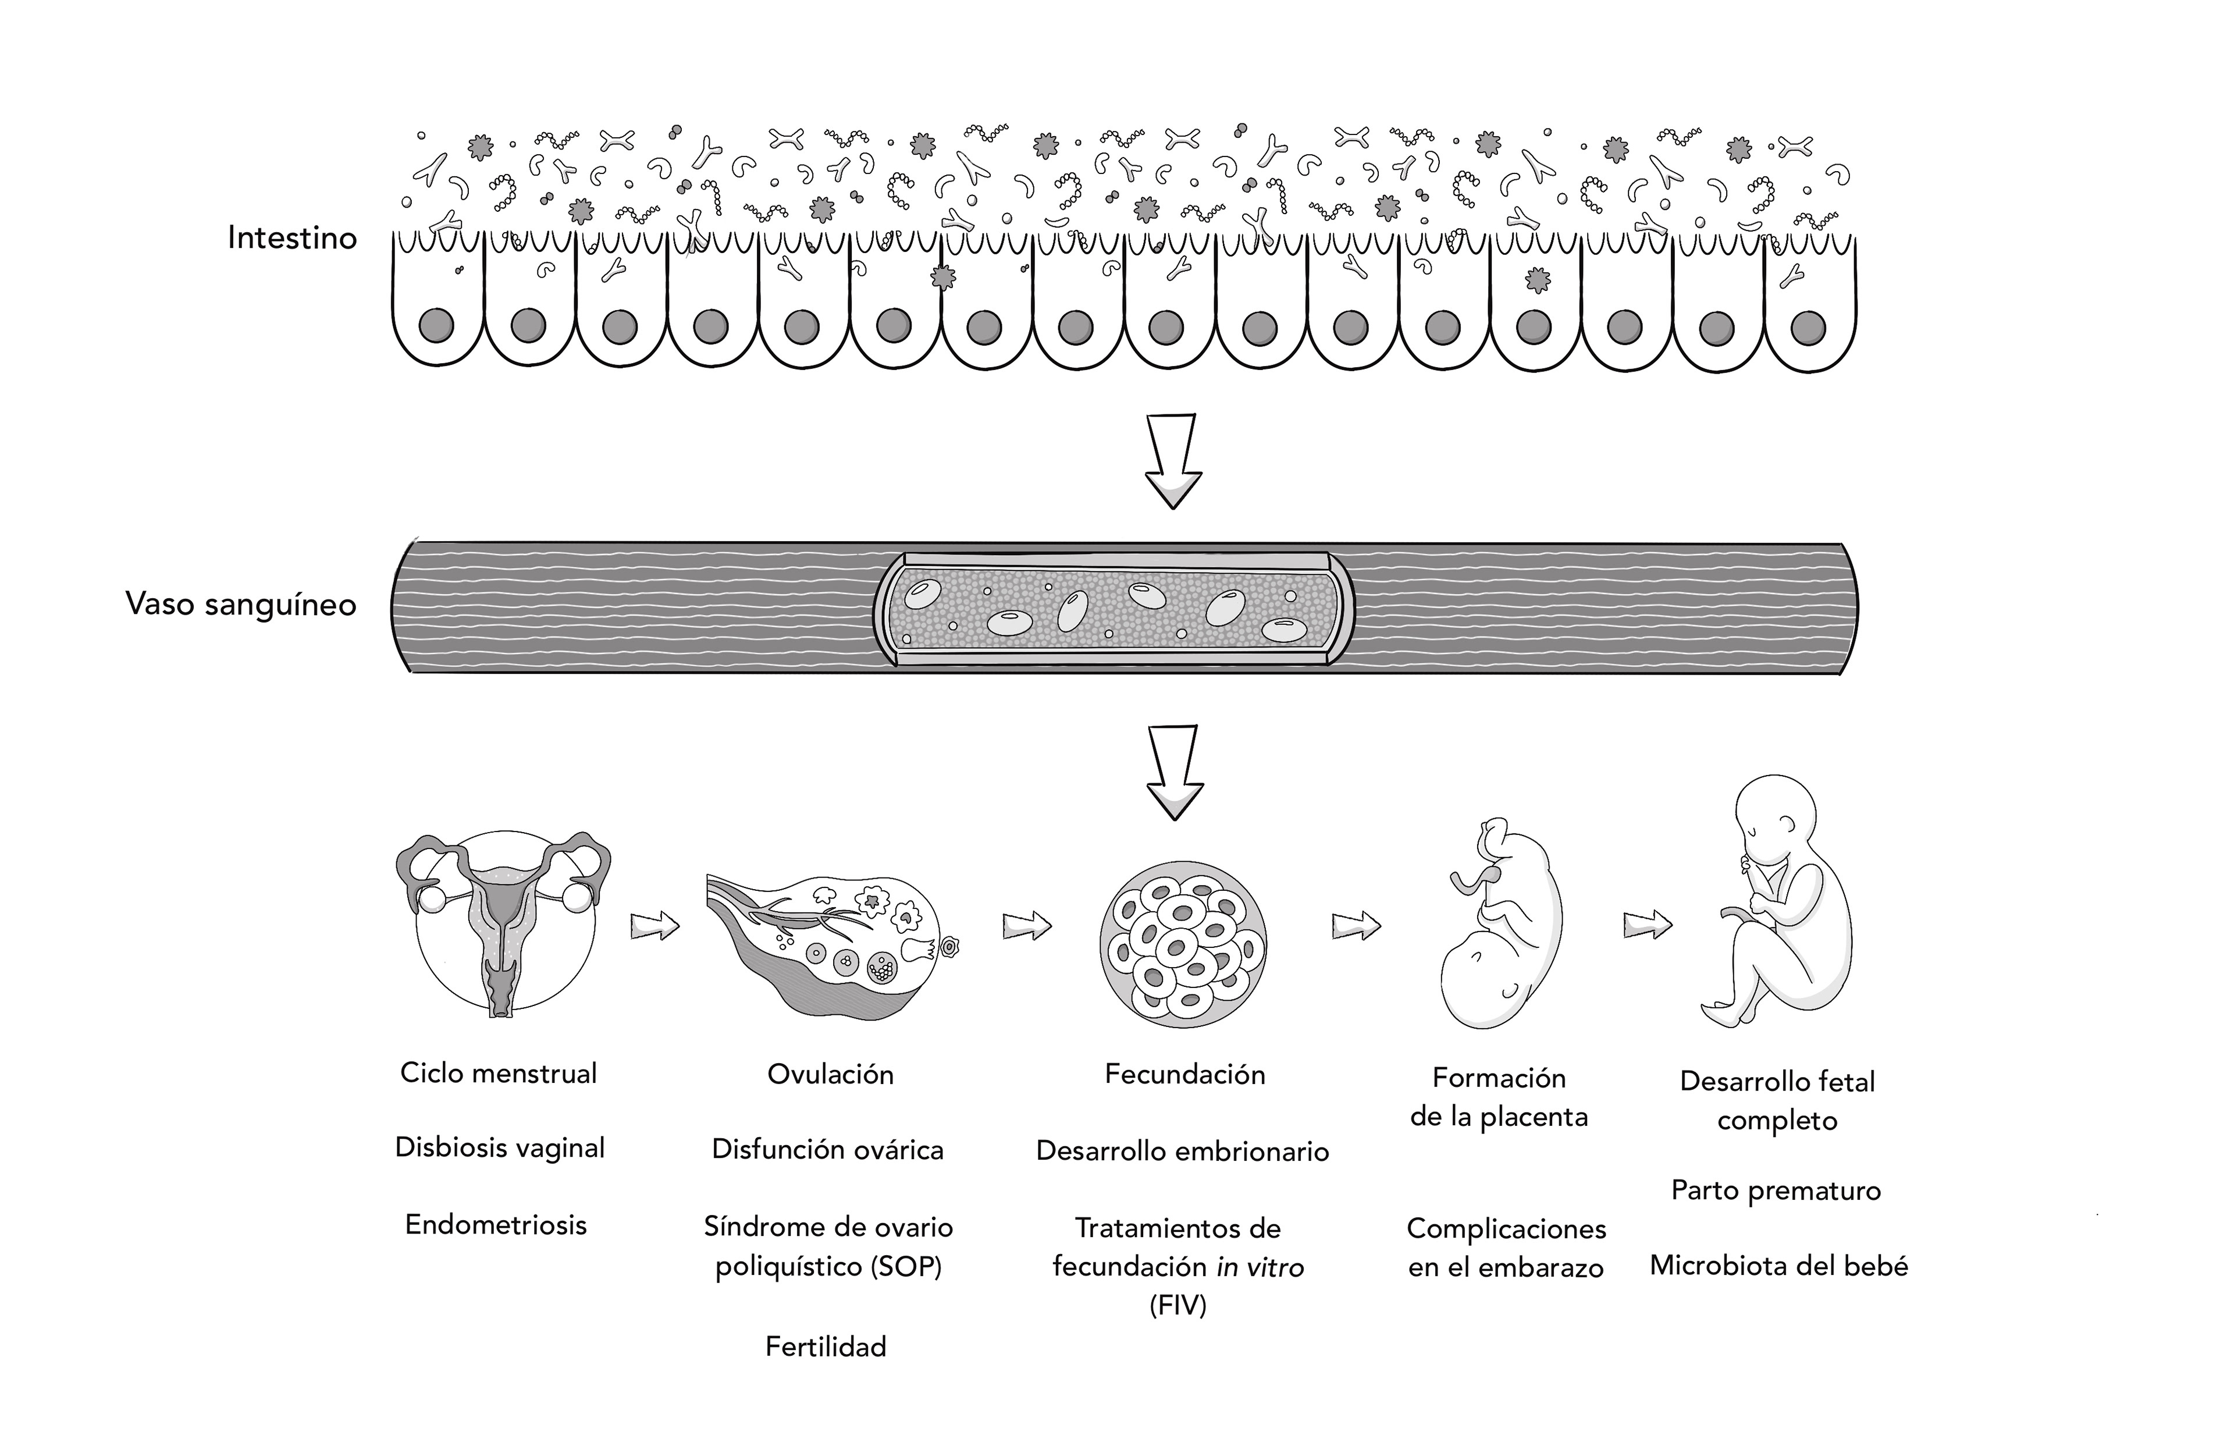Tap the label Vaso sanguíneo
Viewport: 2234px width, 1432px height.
click(241, 605)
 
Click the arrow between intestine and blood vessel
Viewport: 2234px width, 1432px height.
click(1172, 460)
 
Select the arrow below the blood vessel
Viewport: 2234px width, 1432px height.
click(1174, 772)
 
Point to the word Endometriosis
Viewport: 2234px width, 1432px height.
click(496, 1225)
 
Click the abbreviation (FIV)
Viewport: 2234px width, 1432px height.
click(1178, 1306)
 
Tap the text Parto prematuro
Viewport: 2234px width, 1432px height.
click(1776, 1191)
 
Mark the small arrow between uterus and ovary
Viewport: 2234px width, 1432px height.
click(654, 926)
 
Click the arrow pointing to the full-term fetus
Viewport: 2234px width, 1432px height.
click(1648, 925)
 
